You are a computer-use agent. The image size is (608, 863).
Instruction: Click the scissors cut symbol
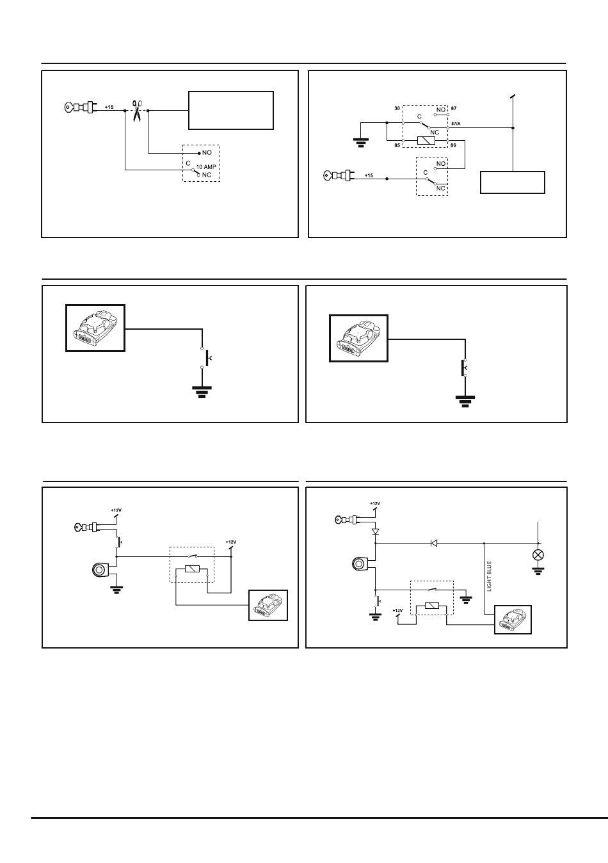click(x=137, y=111)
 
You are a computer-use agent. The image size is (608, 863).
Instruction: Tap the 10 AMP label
click(x=206, y=167)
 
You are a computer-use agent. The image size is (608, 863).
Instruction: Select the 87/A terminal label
click(x=456, y=124)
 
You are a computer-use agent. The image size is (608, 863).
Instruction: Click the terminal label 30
click(x=397, y=108)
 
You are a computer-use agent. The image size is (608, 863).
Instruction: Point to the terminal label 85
click(x=397, y=145)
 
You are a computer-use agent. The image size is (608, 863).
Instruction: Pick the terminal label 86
click(x=453, y=145)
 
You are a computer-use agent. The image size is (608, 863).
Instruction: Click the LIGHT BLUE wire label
click(x=490, y=576)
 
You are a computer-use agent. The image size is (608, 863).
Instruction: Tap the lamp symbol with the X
click(x=538, y=555)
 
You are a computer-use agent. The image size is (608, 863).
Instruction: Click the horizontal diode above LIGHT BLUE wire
click(x=433, y=544)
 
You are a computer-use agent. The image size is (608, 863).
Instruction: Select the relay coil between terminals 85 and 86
click(x=426, y=141)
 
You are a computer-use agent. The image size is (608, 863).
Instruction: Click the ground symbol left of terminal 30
click(x=361, y=143)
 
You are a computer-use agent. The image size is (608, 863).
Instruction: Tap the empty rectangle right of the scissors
click(x=231, y=110)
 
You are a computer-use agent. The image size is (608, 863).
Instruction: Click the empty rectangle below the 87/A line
click(x=513, y=182)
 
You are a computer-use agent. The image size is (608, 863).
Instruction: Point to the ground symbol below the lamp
click(x=538, y=571)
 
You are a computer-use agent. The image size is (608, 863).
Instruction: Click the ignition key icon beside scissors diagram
click(x=80, y=107)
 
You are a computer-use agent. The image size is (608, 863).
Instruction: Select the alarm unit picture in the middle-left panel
click(x=95, y=328)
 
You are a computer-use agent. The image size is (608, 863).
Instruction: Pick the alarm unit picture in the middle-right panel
click(x=358, y=338)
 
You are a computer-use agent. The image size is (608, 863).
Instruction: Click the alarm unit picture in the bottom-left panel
click(x=268, y=605)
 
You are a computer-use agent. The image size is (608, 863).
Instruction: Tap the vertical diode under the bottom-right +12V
click(x=376, y=531)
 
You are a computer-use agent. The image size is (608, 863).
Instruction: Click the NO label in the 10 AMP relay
click(x=207, y=152)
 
